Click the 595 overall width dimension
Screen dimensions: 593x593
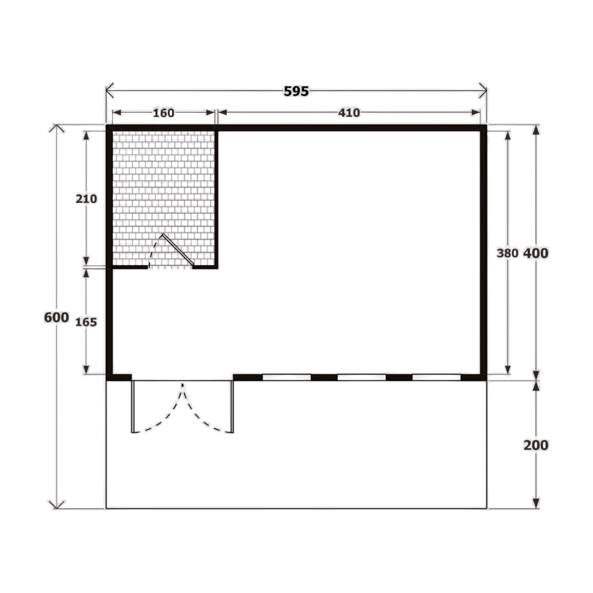(x=296, y=91)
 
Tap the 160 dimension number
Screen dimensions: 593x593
(x=163, y=113)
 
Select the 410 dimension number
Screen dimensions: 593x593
(x=349, y=113)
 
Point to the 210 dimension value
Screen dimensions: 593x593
(x=86, y=199)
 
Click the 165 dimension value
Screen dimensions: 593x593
(x=86, y=322)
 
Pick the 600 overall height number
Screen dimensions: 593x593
(x=56, y=317)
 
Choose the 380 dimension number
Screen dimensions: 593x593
(x=507, y=253)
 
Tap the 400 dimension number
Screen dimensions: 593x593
(x=536, y=253)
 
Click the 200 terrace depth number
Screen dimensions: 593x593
(x=536, y=445)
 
